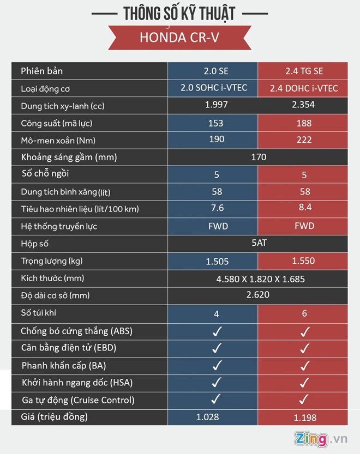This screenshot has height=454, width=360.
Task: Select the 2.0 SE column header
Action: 216,71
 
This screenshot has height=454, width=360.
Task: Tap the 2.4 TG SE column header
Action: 304,71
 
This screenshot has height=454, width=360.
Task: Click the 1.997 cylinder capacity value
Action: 216,105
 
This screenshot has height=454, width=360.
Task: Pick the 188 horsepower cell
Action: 304,124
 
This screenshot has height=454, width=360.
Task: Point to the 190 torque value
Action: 216,140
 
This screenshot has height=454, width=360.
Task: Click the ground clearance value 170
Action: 259,157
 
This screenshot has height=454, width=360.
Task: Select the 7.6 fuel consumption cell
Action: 216,209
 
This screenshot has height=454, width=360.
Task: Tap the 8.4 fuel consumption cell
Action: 304,209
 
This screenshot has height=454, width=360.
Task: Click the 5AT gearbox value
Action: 259,243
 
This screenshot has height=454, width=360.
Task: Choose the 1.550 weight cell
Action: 304,261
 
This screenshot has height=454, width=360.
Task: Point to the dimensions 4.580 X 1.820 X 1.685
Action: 259,279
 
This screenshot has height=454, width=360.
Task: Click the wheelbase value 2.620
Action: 259,295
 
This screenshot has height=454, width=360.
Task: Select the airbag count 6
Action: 304,313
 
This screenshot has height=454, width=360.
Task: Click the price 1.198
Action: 304,418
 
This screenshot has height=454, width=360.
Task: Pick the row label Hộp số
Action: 35,244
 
